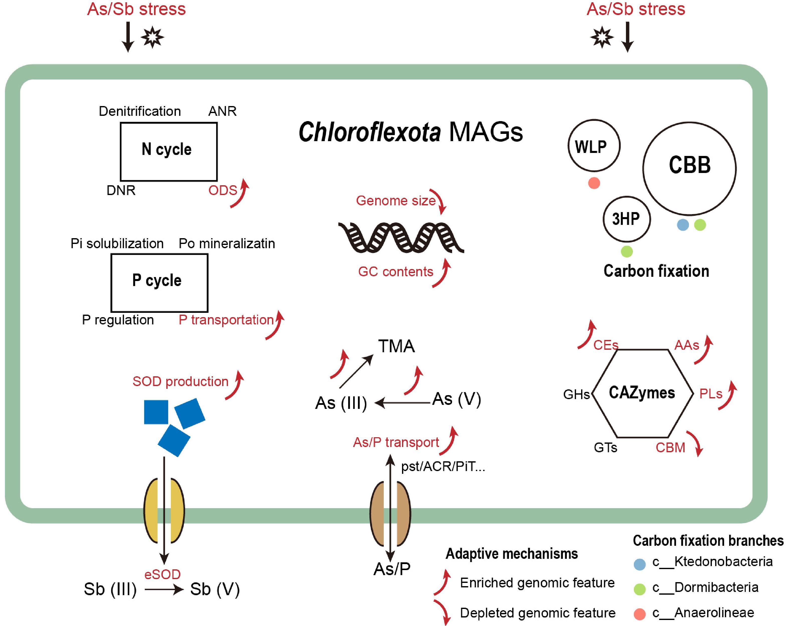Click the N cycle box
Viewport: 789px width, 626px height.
169,152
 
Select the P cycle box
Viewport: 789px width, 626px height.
160,283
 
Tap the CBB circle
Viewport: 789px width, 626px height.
690,168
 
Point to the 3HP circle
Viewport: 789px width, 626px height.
626,219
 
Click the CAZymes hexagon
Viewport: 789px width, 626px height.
642,393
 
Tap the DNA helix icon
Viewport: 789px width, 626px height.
401,237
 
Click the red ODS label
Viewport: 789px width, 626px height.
222,191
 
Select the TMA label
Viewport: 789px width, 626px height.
396,346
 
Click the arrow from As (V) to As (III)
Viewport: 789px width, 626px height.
403,403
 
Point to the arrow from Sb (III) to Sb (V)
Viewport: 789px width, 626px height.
164,589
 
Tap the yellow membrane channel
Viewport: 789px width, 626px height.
164,510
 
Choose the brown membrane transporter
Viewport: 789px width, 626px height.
390,513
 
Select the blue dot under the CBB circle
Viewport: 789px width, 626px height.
683,225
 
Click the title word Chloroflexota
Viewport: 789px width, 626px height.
370,132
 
